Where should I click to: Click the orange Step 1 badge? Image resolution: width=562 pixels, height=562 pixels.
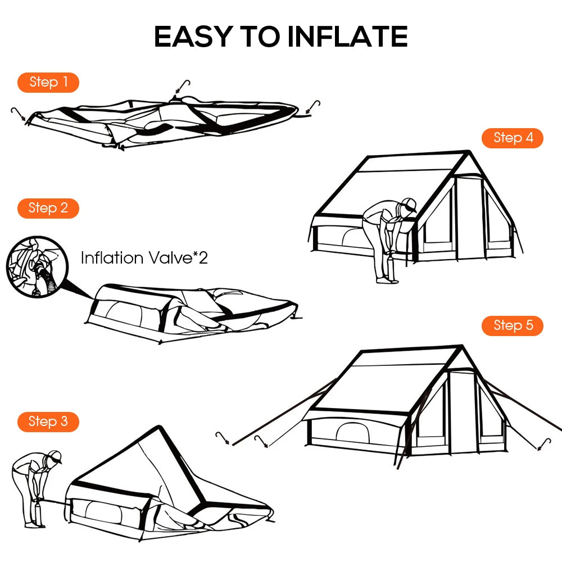pyautogui.click(x=48, y=82)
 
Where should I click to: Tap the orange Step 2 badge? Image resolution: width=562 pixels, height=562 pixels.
pyautogui.click(x=48, y=208)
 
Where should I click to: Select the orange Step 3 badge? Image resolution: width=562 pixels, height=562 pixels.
pyautogui.click(x=48, y=422)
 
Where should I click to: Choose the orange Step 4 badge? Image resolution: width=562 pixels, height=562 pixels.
pyautogui.click(x=513, y=138)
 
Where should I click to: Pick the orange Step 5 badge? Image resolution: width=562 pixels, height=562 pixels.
pyautogui.click(x=513, y=325)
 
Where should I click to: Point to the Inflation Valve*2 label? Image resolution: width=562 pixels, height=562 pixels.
pyautogui.click(x=144, y=259)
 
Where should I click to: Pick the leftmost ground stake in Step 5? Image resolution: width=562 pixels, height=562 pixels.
pyautogui.click(x=224, y=438)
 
